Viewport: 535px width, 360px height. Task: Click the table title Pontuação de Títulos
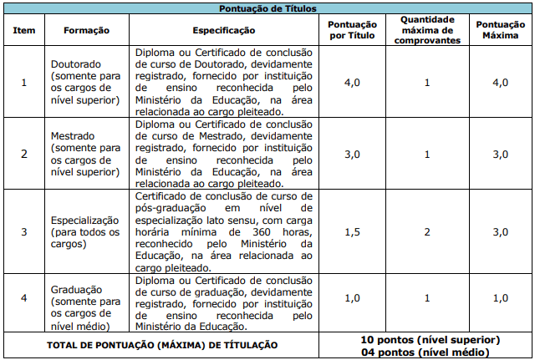[x=267, y=8]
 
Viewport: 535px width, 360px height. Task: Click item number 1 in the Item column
[x=23, y=82]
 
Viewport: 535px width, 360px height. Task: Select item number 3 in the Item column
[x=23, y=231]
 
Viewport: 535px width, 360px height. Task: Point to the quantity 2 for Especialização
[x=426, y=231]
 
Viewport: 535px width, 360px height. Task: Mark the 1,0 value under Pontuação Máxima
[x=500, y=297]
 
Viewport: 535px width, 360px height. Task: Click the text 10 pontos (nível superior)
[x=431, y=340]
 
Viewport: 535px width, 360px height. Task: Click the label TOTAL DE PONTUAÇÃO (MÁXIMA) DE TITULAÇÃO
[x=163, y=345]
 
